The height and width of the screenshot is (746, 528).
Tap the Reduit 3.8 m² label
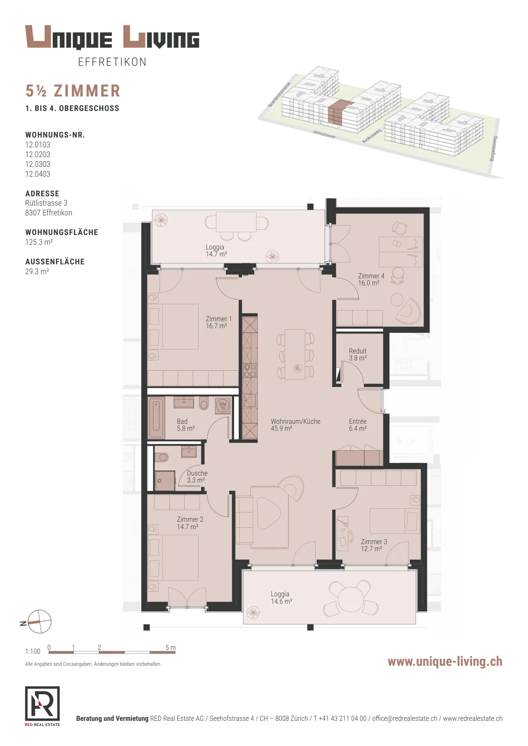point(358,354)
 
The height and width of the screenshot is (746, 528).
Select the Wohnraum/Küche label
point(295,421)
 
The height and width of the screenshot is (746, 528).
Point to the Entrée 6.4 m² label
point(358,425)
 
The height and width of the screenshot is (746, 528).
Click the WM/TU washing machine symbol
point(222,406)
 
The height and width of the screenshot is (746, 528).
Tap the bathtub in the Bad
point(156,418)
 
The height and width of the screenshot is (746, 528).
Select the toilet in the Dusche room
point(162,457)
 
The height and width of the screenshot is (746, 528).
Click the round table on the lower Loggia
point(349,597)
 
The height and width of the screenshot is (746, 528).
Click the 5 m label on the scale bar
point(170,648)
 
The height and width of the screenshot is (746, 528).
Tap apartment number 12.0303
point(38,164)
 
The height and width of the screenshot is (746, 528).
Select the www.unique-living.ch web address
point(445,662)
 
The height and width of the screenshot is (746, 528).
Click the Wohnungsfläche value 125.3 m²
point(39,242)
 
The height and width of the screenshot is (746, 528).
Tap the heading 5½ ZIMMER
point(73,91)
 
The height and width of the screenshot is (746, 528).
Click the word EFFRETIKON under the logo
point(112,62)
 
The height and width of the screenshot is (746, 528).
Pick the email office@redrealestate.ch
point(404,718)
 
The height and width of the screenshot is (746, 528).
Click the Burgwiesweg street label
point(493,149)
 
